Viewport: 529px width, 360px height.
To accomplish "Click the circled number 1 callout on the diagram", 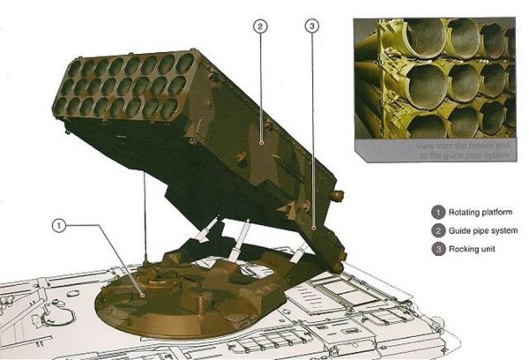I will coord(59,227).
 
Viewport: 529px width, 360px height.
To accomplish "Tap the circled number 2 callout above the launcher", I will coord(259,26).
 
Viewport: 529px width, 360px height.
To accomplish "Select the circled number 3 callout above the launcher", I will coord(311,26).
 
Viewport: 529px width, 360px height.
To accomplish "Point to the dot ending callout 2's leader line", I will coord(262,138).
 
